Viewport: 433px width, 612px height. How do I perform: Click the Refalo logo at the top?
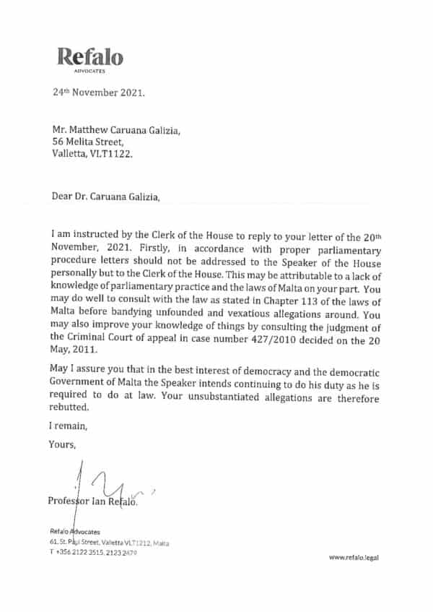90,57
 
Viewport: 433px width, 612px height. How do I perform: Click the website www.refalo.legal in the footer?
354,557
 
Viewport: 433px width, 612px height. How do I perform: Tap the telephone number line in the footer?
93,552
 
